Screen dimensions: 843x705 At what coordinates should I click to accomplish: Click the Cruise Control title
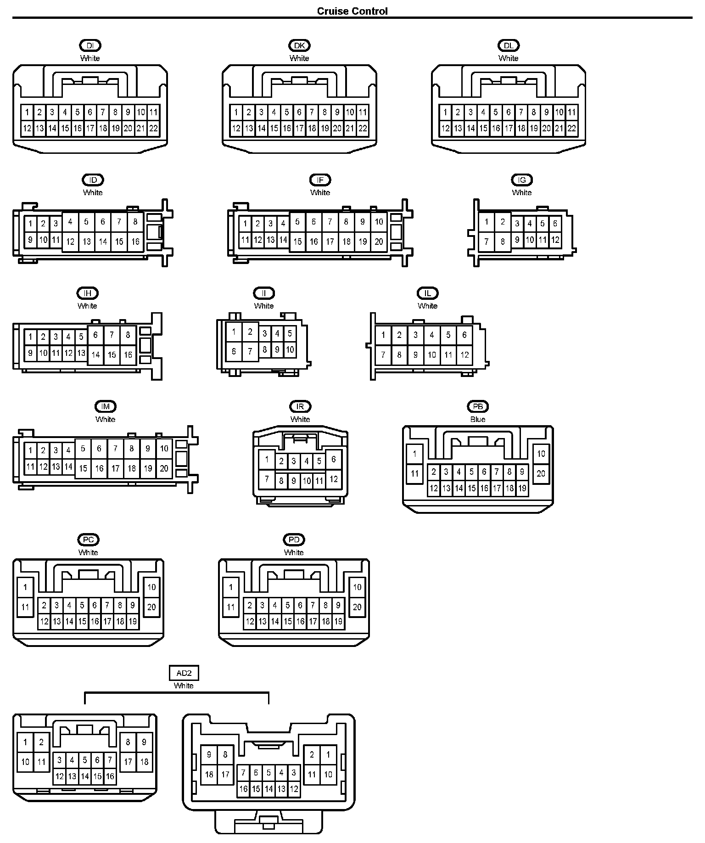[352, 11]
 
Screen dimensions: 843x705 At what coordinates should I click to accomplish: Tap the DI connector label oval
[90, 45]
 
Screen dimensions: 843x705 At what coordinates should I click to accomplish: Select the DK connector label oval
[299, 45]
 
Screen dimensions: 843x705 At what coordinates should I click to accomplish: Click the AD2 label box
[184, 673]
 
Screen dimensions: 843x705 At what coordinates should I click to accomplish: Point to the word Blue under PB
[478, 419]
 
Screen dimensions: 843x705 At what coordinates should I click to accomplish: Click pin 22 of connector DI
[153, 129]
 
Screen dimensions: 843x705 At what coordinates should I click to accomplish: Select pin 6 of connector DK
[299, 112]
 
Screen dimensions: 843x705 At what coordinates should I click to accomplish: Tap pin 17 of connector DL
[509, 129]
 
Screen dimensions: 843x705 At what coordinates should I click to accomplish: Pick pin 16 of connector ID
[135, 242]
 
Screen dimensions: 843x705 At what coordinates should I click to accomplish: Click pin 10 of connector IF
[379, 222]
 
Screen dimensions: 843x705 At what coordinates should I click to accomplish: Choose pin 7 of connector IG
[487, 242]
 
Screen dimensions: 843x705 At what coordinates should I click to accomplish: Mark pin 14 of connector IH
[95, 354]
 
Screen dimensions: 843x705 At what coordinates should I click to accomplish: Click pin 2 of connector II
[250, 332]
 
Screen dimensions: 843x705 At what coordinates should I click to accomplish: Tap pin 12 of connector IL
[464, 354]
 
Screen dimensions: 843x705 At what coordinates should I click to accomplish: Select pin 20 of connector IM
[164, 468]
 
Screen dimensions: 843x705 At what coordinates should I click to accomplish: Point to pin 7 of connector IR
[267, 479]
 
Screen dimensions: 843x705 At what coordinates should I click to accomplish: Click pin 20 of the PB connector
[541, 473]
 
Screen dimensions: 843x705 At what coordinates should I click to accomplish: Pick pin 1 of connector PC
[25, 587]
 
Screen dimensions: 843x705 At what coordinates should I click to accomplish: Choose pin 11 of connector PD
[231, 607]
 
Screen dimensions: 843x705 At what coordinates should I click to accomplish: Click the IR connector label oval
[300, 406]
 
